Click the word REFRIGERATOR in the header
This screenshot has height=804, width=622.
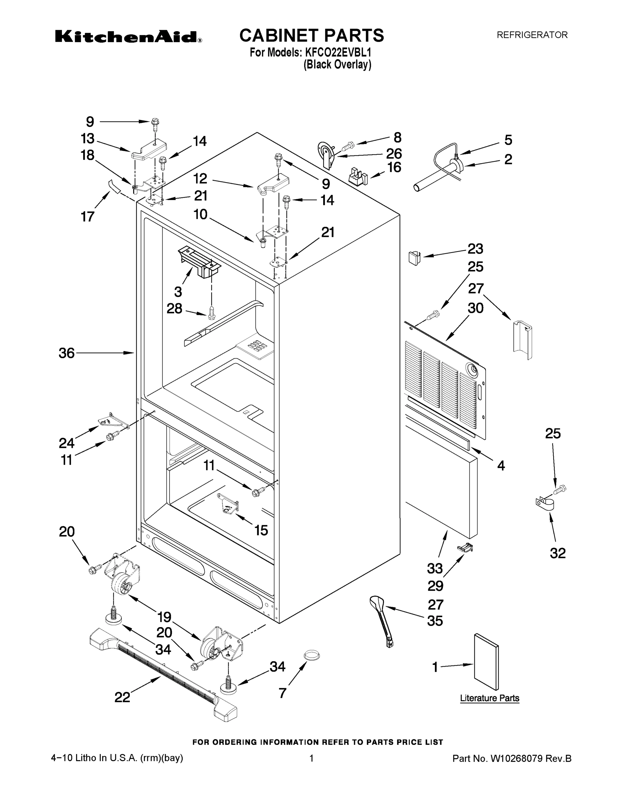[x=532, y=35]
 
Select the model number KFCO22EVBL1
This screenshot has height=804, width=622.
[x=338, y=53]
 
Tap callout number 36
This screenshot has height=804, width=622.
[x=67, y=353]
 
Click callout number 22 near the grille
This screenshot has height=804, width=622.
[x=122, y=697]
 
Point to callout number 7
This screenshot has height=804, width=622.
[x=282, y=693]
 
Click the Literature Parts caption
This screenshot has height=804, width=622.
[x=489, y=698]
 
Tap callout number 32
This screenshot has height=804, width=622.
[x=557, y=553]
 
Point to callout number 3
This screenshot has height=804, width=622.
[x=178, y=292]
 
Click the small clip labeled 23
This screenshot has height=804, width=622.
[x=414, y=258]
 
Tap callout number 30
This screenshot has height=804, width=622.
[x=475, y=308]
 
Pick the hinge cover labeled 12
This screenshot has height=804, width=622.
[x=273, y=184]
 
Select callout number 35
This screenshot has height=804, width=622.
[x=435, y=621]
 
